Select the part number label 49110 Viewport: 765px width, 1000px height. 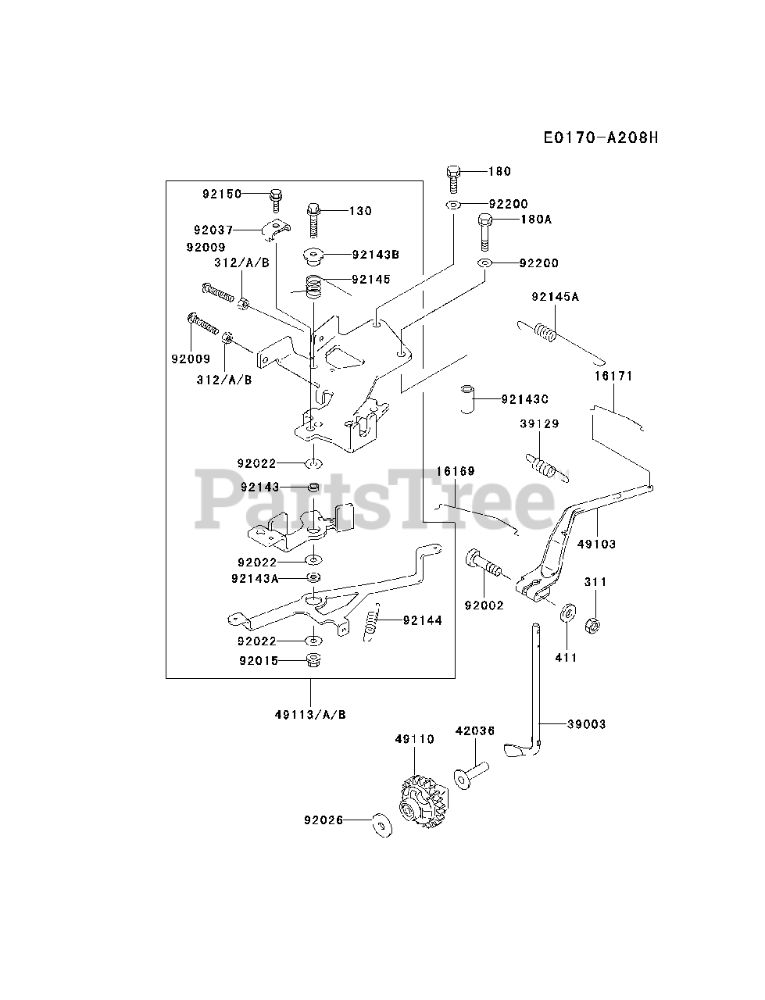pos(413,739)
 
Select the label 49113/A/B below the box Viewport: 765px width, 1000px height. pos(310,714)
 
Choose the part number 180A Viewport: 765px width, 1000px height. pos(535,220)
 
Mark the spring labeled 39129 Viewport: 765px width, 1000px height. pos(543,466)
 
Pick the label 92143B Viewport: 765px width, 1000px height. pos(375,254)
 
